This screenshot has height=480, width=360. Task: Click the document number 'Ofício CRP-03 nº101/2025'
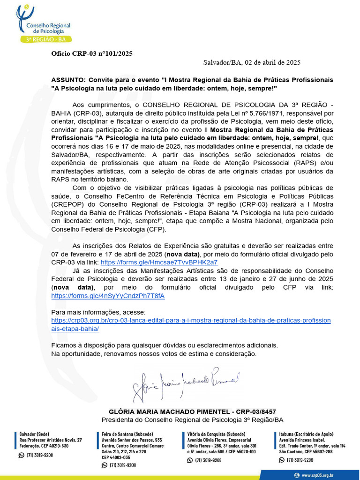pos(92,53)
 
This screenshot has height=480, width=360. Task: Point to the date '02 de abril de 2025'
pos(273,62)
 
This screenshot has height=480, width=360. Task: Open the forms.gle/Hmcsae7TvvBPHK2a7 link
pos(159,262)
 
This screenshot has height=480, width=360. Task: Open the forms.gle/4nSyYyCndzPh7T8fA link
pos(108,296)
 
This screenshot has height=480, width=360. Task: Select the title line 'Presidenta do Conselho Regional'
pos(192,420)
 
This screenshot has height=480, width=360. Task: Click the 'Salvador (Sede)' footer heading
pos(34,434)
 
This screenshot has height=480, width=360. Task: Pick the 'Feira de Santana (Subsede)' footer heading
pos(127,434)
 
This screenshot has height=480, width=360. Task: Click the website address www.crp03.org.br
pos(317,475)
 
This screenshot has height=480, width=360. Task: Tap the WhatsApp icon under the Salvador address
pos(21,455)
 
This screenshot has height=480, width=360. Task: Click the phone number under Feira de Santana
pos(123,465)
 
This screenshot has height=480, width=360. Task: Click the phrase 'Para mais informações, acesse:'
pos(98,312)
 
